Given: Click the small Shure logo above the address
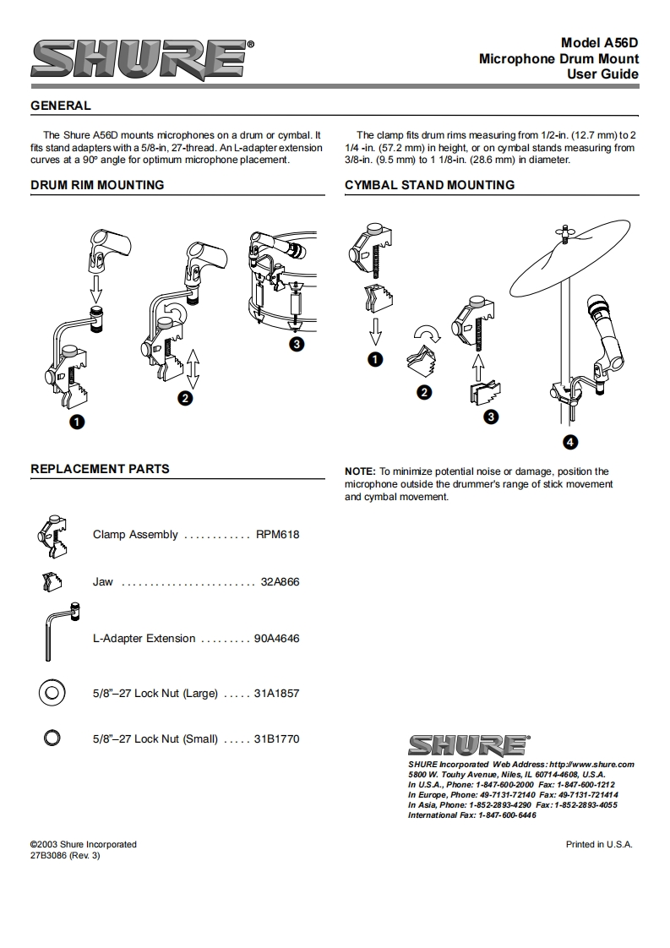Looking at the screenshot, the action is click(469, 745).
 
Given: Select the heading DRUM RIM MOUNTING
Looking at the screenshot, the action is click(97, 185).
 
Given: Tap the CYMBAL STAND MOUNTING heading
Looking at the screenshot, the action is click(430, 185).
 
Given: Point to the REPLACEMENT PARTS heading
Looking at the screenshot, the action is click(101, 469).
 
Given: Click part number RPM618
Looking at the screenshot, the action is click(278, 535).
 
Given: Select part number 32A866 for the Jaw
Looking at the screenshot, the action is click(280, 581).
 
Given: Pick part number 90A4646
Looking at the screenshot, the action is click(277, 639).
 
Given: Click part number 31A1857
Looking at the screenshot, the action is click(277, 694).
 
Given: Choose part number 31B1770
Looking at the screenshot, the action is click(277, 738).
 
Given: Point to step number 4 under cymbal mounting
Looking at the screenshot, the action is click(570, 442).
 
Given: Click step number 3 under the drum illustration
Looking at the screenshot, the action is click(297, 345).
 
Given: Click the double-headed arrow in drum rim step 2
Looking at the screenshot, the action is click(193, 368).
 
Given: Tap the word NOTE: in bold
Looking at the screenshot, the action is click(361, 471).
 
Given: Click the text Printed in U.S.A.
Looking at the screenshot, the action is click(599, 845).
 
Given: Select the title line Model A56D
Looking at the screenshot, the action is click(600, 43).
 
